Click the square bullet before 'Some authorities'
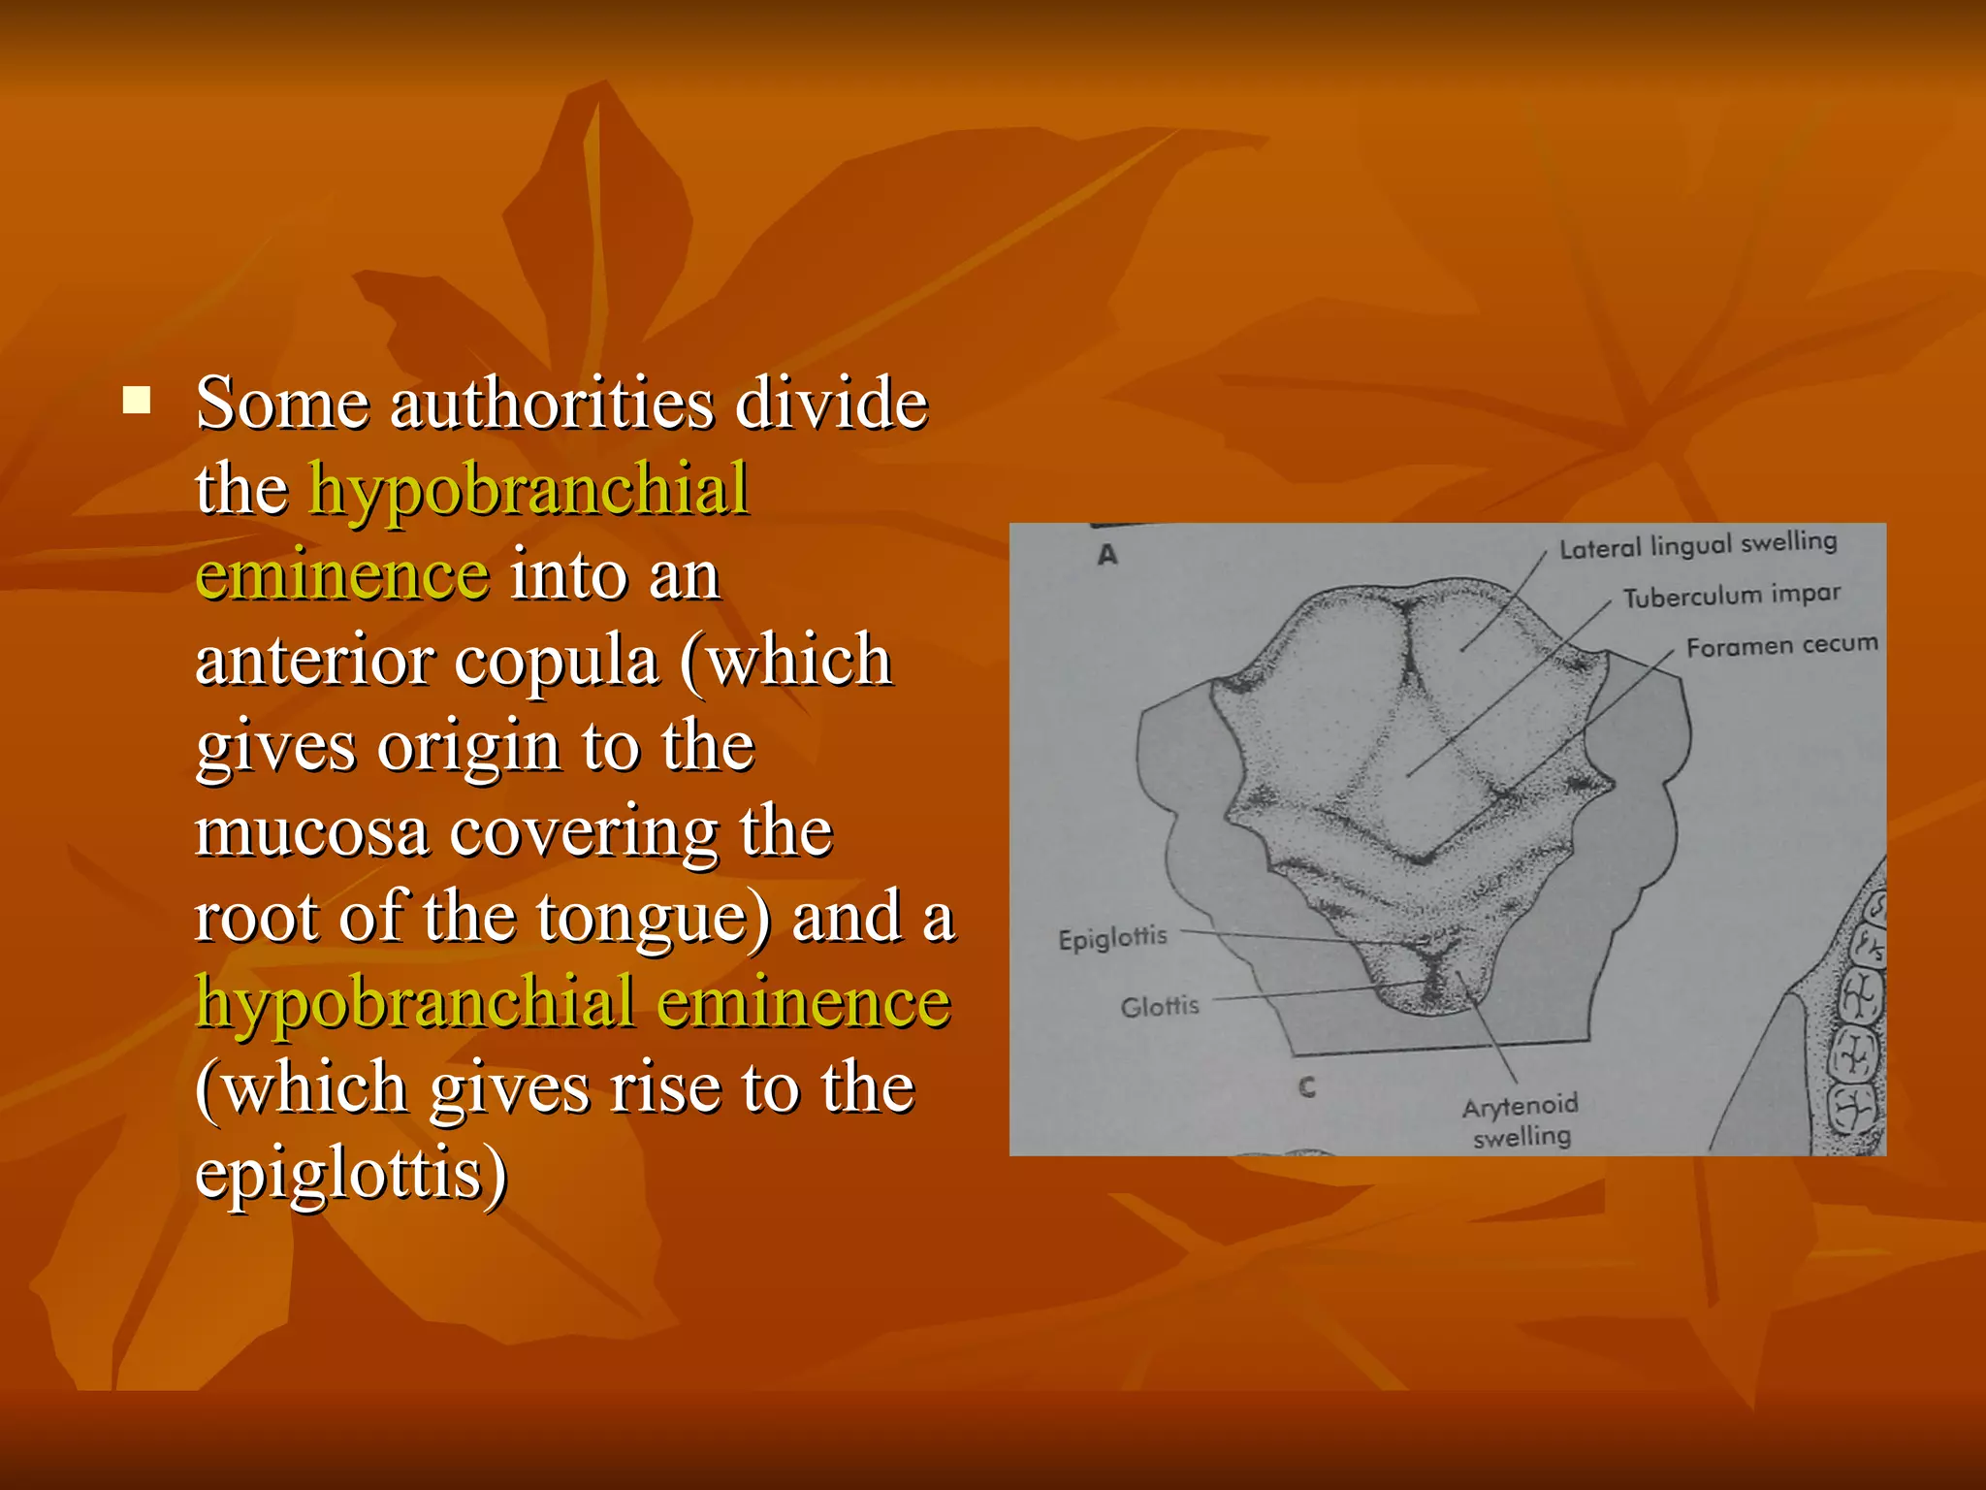137,400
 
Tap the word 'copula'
558,662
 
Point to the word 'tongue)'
655,918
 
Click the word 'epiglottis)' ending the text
351,1174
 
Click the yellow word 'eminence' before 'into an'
342,575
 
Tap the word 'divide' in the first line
831,403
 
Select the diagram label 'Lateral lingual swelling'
1698,544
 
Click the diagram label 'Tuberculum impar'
1732,596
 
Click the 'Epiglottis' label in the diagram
1112,938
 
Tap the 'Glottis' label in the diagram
1160,1007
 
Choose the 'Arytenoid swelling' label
1521,1121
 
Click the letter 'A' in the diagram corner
1107,555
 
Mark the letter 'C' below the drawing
1307,1087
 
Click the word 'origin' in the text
469,748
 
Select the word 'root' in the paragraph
256,918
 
